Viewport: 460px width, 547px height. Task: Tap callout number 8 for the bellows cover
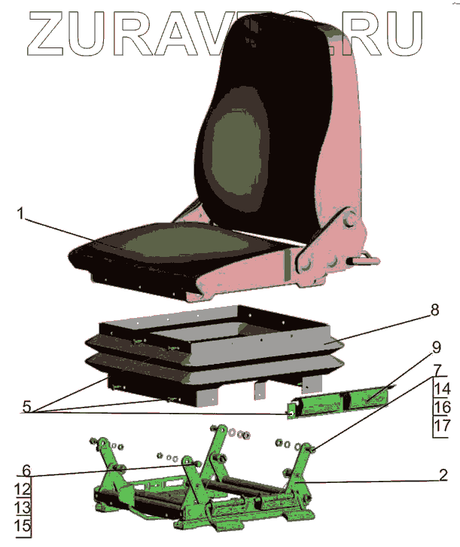pyautogui.click(x=434, y=310)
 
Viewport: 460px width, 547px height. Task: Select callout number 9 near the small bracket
pyautogui.click(x=436, y=349)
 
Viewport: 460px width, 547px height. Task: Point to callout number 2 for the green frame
pyautogui.click(x=444, y=475)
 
